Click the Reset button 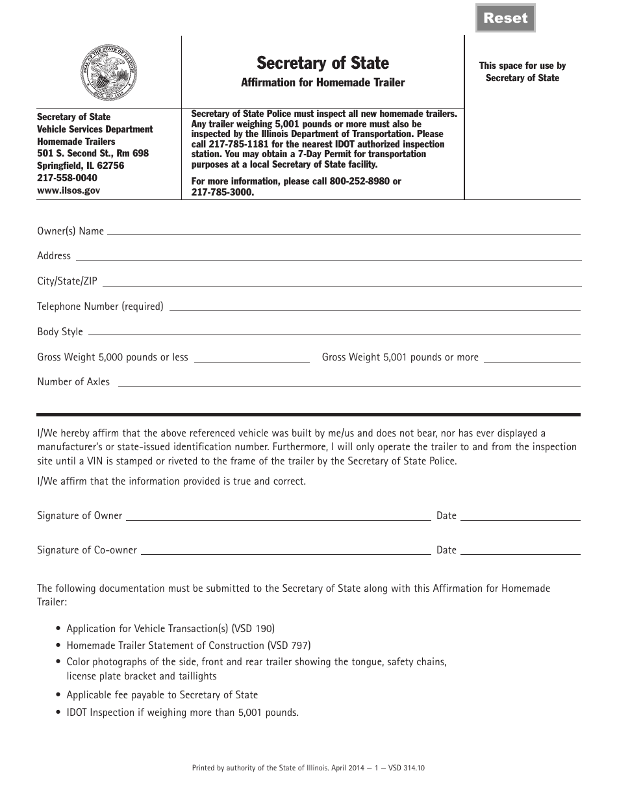tap(505, 18)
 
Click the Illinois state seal tap(108, 71)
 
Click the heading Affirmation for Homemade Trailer tap(323, 82)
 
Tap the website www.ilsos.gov tap(68, 190)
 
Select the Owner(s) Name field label tap(70, 231)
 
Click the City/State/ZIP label tap(67, 281)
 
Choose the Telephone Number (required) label tap(100, 307)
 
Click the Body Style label tap(60, 332)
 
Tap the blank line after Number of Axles tap(348, 386)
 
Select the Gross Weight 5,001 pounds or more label tap(400, 357)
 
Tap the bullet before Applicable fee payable tap(59, 695)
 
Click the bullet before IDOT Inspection tap(59, 713)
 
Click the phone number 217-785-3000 tap(222, 193)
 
